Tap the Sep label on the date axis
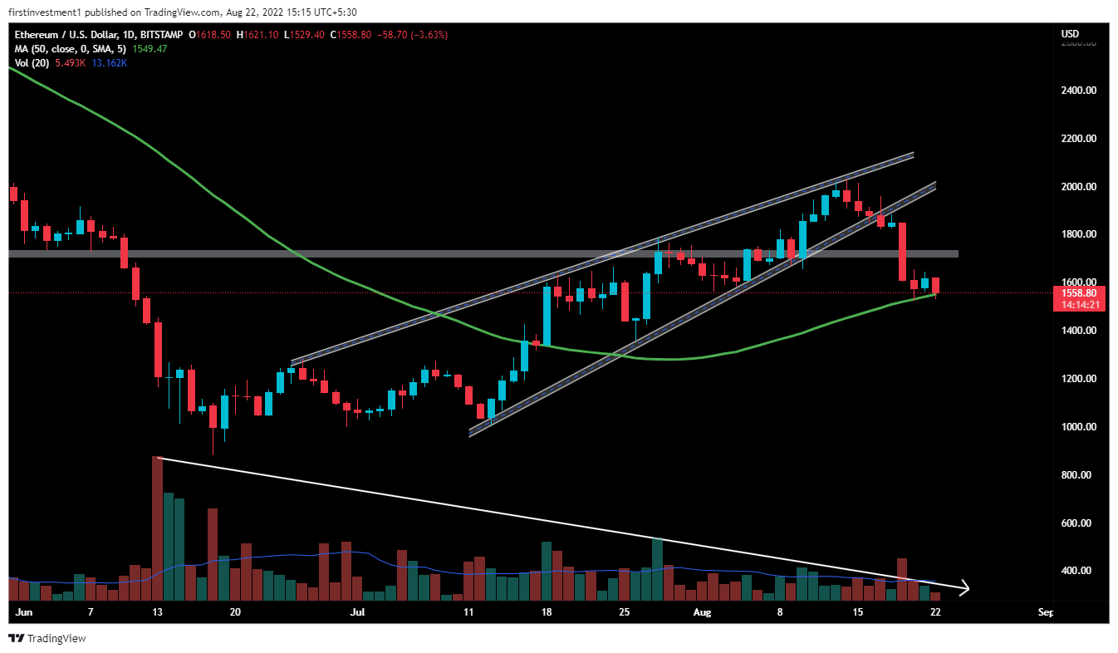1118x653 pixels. pos(1045,613)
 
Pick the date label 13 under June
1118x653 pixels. pos(156,613)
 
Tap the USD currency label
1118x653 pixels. pos(1070,33)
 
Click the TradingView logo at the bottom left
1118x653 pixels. pos(47,638)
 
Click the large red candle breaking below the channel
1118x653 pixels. pos(902,251)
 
